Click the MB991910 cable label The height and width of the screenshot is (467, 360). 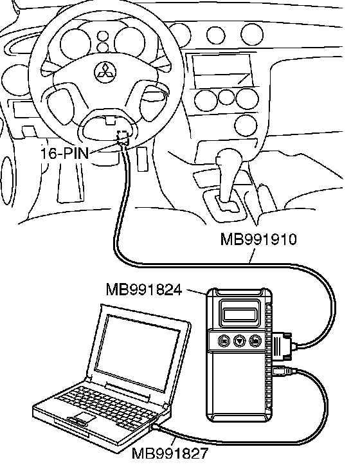(258, 239)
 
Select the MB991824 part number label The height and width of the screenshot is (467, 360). (144, 289)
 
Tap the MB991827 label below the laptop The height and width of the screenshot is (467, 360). (170, 453)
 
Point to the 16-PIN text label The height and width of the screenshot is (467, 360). (65, 154)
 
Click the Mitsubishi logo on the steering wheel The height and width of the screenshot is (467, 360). (105, 72)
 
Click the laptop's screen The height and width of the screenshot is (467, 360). (138, 353)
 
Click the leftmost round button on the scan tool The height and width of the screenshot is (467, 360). (224, 340)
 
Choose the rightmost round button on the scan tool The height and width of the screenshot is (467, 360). (255, 340)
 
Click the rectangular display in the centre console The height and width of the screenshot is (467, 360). (222, 69)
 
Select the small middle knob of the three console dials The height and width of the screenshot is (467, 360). (226, 97)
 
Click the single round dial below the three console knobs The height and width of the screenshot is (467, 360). (246, 125)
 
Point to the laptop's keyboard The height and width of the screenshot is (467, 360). (107, 405)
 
